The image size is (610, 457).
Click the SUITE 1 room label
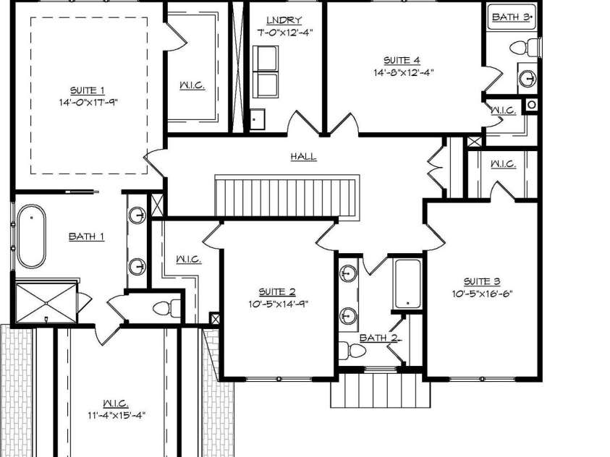point(88,90)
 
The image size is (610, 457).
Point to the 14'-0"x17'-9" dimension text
point(88,102)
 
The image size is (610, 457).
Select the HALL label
point(303,157)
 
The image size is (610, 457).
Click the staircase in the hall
point(287,196)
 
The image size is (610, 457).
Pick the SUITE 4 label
point(402,61)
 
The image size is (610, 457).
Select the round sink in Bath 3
point(528,77)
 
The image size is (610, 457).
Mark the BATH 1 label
point(86,236)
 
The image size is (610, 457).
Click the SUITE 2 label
point(278,291)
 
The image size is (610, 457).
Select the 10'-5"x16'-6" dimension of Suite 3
point(482,293)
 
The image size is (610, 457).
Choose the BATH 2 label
point(376,338)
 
